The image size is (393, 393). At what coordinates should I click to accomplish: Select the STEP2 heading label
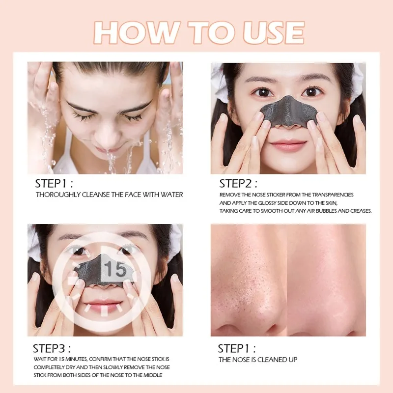coord(238,184)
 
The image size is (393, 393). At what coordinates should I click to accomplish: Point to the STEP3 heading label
coord(52,349)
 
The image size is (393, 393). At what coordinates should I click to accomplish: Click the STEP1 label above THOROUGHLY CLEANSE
coord(54,184)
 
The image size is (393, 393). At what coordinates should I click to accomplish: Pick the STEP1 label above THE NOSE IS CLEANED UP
coord(237,349)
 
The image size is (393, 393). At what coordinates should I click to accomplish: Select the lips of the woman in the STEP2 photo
coord(288,145)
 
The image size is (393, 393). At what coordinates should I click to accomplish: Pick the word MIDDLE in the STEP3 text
coord(153,375)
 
